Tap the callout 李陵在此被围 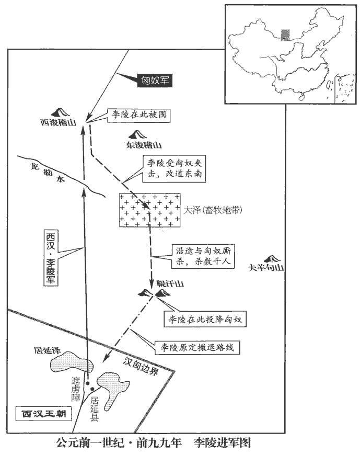click(x=138, y=114)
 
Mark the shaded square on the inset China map click(x=284, y=35)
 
